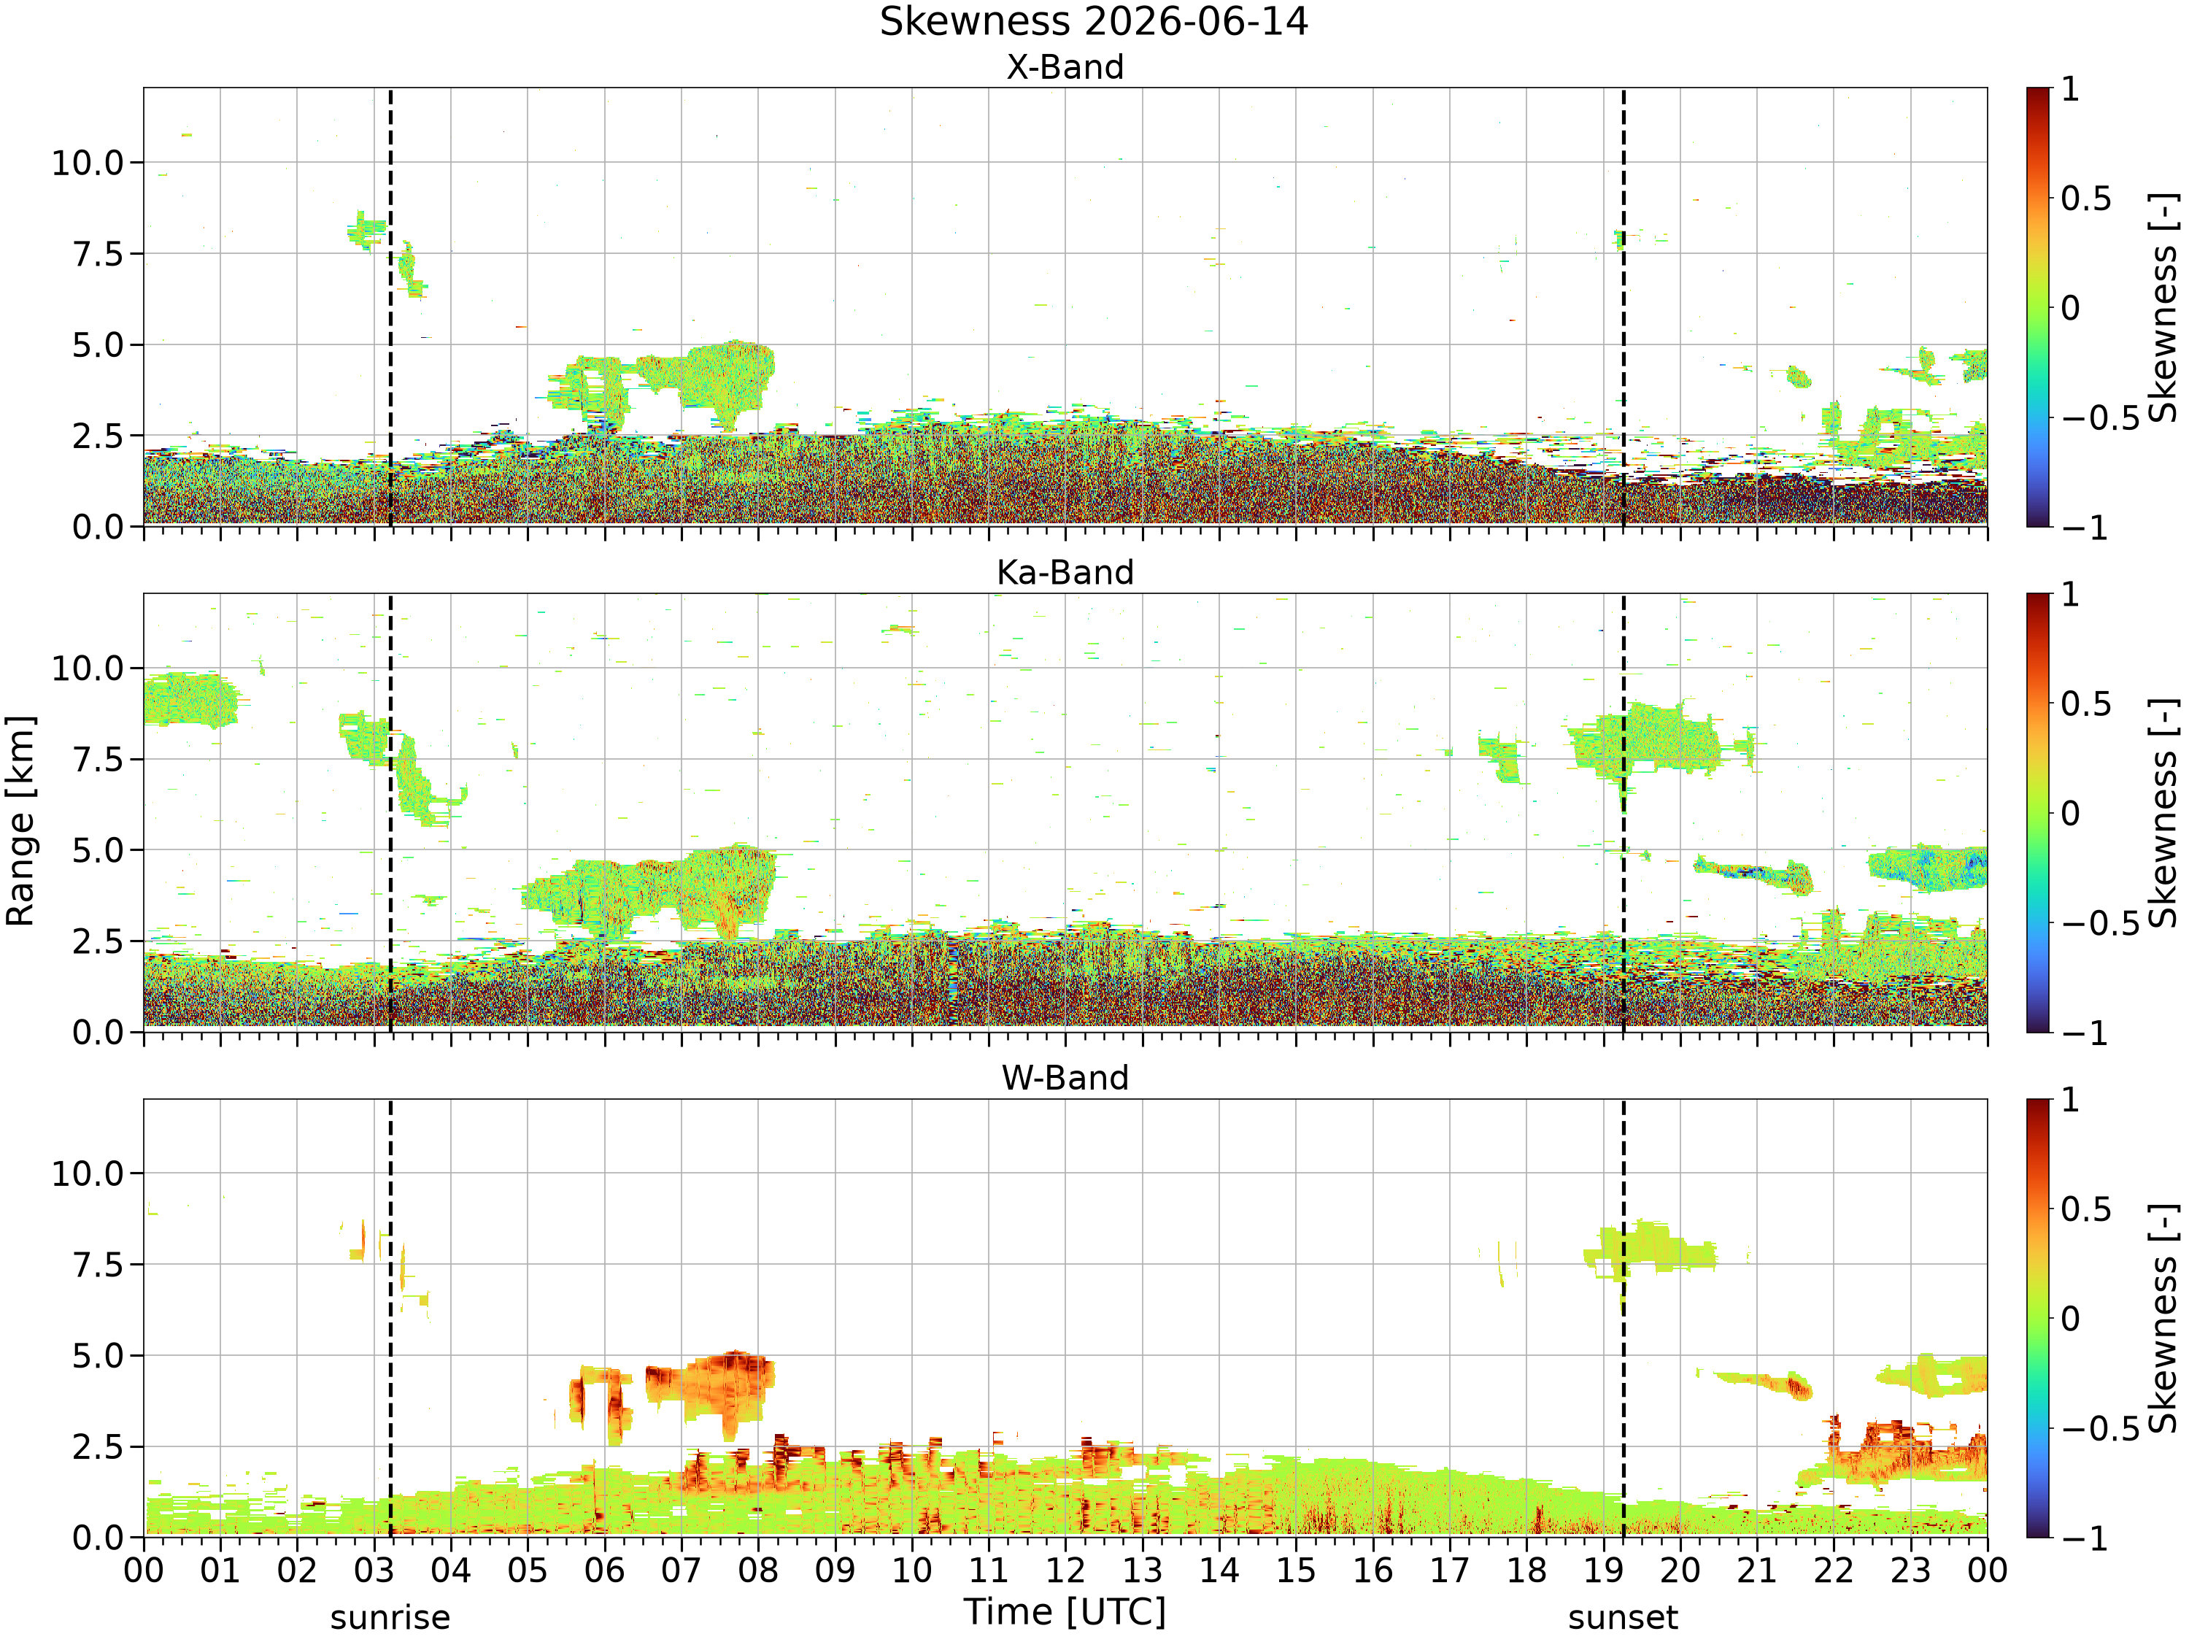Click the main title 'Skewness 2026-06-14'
coord(1094,22)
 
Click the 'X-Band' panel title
coord(1065,67)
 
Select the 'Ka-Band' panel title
coord(1065,573)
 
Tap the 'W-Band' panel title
coord(1065,1078)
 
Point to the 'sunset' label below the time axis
coord(1623,1618)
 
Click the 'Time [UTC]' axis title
coord(1065,1612)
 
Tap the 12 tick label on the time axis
coord(1066,1570)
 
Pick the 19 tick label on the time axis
coord(1604,1570)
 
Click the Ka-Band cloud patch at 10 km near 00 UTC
coord(190,700)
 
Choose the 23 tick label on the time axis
coord(1911,1570)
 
